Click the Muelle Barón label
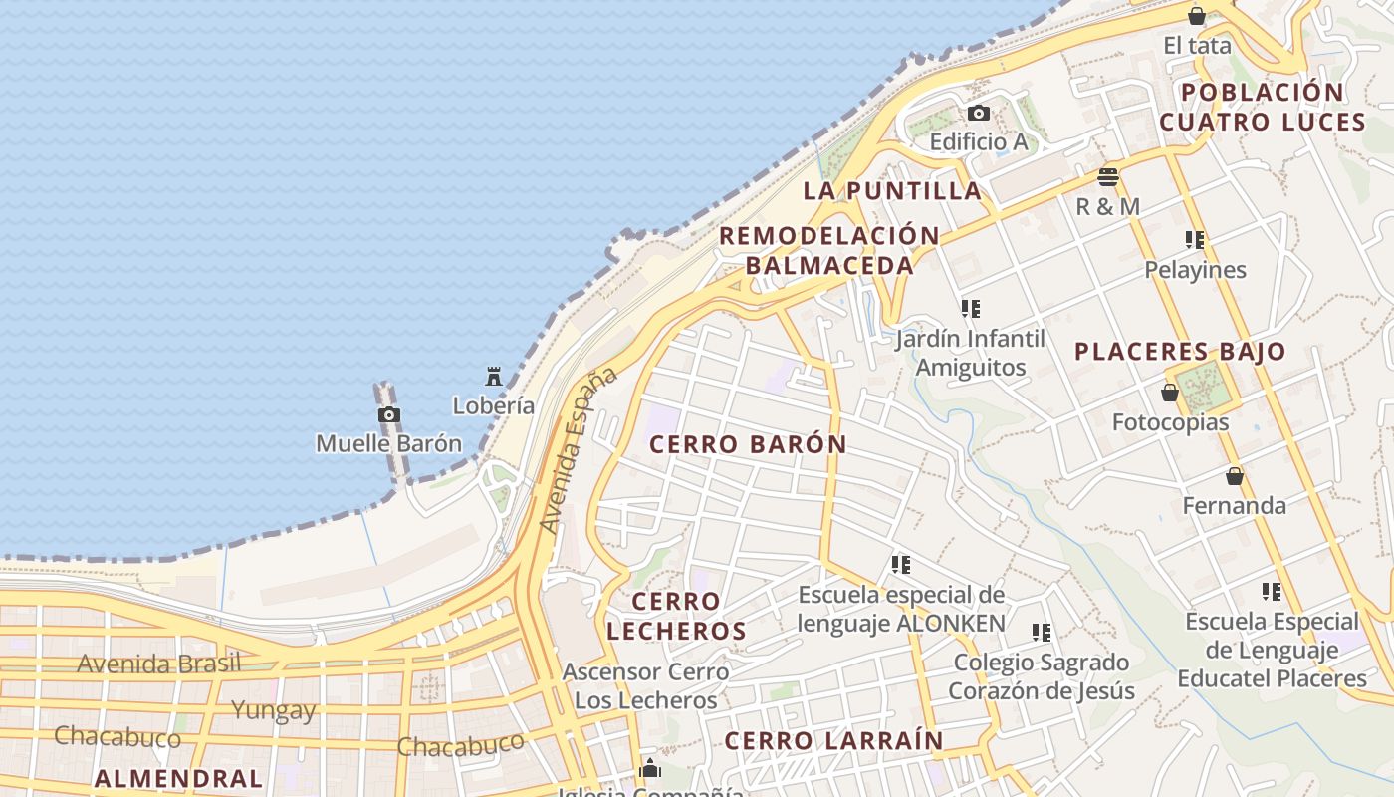[x=388, y=443]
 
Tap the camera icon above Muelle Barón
[x=389, y=415]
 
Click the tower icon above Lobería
[x=493, y=377]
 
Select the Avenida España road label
[x=578, y=450]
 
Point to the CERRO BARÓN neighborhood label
[x=748, y=444]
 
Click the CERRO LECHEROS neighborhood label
[x=676, y=616]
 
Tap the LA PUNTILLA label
[x=891, y=190]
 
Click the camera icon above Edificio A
[x=979, y=114]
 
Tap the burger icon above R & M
[x=1108, y=177]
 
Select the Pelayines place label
[x=1195, y=270]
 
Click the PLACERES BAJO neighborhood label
[x=1180, y=352]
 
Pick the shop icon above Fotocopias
[x=1170, y=394]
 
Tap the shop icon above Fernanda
[x=1235, y=477]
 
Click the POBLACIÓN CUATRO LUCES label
[x=1262, y=107]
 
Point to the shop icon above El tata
[x=1197, y=16]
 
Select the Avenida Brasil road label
[x=159, y=664]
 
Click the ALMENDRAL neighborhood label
[x=178, y=778]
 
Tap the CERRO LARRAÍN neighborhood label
[x=832, y=741]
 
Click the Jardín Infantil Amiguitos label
[x=971, y=353]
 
